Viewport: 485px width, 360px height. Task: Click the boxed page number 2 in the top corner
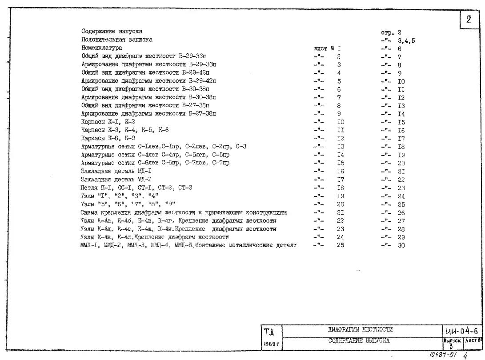pos(469,20)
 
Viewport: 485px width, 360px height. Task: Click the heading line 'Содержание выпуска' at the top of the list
pos(112,32)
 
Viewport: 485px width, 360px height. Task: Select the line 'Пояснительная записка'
pos(116,40)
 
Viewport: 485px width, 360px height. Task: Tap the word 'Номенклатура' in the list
pos(101,48)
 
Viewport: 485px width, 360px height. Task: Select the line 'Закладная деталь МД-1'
pos(116,171)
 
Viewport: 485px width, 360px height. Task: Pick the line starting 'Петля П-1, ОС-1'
pos(136,188)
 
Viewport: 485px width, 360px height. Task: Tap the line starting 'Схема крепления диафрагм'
pos(184,212)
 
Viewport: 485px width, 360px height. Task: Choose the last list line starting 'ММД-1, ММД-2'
pos(188,245)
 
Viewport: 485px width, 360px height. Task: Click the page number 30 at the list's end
pos(401,245)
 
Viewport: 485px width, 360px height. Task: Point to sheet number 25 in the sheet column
pos(341,245)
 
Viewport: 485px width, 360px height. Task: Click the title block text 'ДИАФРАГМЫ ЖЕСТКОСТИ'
pos(360,330)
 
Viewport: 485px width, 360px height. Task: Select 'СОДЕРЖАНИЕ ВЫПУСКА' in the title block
pos(359,341)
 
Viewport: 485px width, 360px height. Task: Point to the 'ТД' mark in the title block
pos(269,332)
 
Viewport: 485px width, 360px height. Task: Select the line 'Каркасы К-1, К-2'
pos(108,122)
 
